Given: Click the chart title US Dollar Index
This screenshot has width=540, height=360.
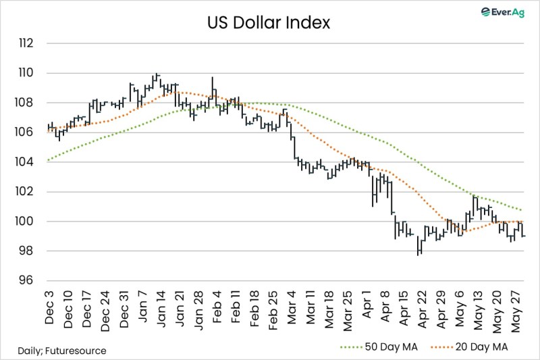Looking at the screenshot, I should (x=269, y=24).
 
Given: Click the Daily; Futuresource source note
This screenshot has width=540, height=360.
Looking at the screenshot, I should (x=61, y=351).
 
